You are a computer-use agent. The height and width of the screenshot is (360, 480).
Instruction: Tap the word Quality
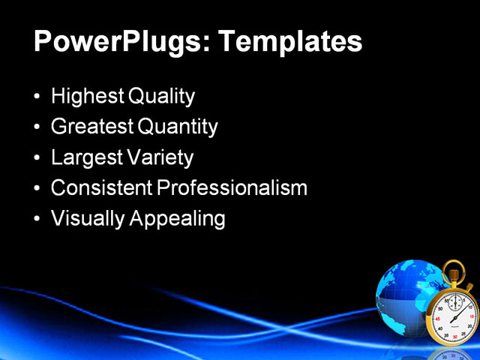click(162, 97)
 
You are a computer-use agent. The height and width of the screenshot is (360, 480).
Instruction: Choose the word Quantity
click(178, 127)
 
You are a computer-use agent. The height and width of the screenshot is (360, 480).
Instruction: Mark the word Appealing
click(178, 219)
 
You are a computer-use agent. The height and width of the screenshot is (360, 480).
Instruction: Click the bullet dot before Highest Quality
click(38, 97)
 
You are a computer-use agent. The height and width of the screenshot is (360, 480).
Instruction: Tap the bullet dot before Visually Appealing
click(38, 220)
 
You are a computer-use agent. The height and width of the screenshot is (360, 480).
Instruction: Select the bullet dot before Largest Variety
click(38, 159)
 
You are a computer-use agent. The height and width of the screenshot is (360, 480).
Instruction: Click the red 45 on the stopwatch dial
click(438, 319)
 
